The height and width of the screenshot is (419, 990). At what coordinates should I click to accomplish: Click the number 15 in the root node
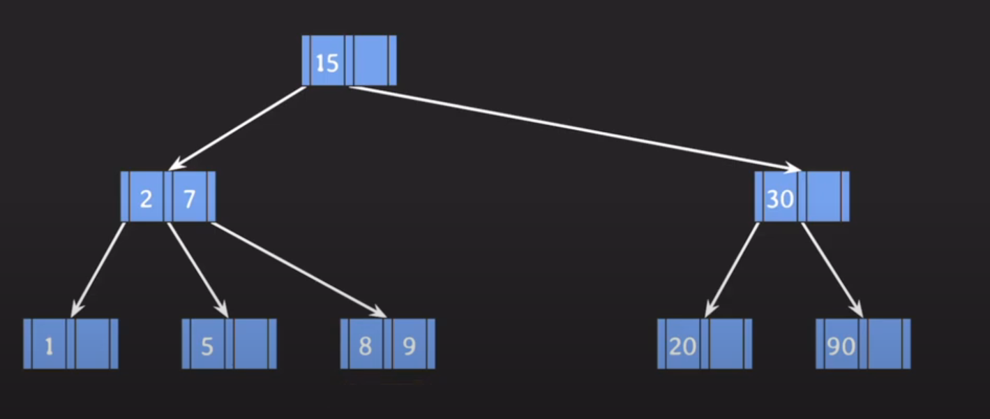coord(327,63)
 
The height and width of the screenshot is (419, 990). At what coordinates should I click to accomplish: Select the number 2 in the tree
coord(146,198)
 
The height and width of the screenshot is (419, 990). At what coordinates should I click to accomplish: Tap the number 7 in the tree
coord(189,198)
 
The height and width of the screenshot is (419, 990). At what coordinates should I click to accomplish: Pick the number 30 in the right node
coord(780,199)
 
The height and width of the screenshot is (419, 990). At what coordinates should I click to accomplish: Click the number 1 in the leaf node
coord(49,346)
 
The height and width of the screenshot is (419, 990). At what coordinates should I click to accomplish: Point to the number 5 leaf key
coord(207,346)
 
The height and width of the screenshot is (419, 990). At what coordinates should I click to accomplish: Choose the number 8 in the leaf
coord(365,346)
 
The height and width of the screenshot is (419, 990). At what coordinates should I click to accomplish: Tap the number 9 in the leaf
coord(410,346)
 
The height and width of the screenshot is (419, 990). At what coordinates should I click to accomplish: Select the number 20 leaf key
coord(683,346)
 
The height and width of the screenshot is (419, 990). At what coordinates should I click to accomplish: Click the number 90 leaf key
coord(841,346)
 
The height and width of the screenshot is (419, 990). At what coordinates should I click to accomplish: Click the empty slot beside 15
coord(370,61)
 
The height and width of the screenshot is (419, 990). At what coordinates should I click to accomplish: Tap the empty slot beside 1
coord(93,344)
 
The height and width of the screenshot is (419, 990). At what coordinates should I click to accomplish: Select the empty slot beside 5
coord(251,344)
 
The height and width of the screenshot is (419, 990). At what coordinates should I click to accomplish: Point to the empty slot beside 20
coord(727,344)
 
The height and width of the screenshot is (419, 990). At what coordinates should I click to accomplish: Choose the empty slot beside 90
coord(885,344)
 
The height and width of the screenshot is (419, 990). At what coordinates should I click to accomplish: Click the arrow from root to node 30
coord(576,128)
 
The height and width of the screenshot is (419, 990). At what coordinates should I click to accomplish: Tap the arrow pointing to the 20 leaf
coord(732,269)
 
